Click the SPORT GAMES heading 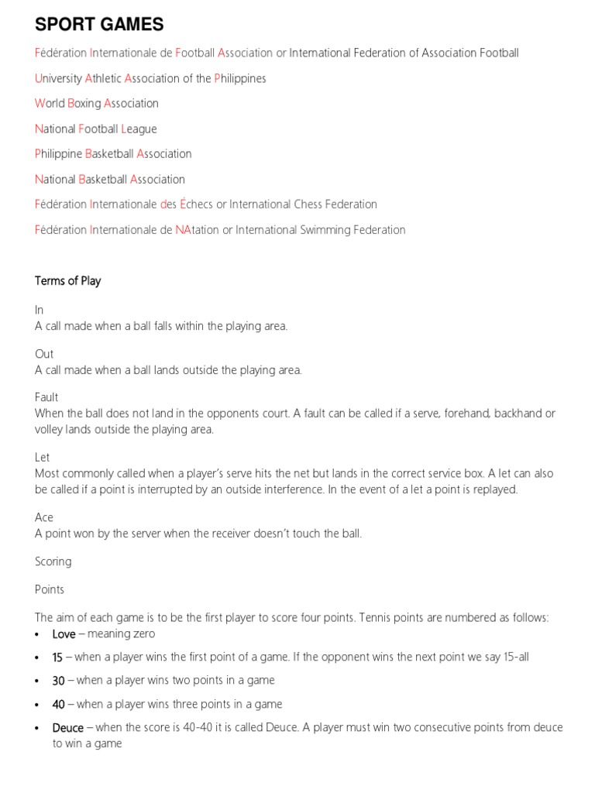click(x=99, y=25)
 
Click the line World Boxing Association click(x=97, y=104)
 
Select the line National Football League click(x=96, y=129)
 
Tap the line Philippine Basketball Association click(x=113, y=154)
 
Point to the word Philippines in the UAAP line click(x=240, y=78)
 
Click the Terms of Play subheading click(x=68, y=281)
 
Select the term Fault click(x=46, y=397)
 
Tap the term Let click(x=43, y=458)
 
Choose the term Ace click(x=44, y=517)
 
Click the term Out click(x=44, y=354)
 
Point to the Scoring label click(x=53, y=561)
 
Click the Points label click(x=50, y=589)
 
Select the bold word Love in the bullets click(x=64, y=634)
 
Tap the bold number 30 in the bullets click(x=58, y=681)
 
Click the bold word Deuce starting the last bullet click(x=67, y=728)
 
